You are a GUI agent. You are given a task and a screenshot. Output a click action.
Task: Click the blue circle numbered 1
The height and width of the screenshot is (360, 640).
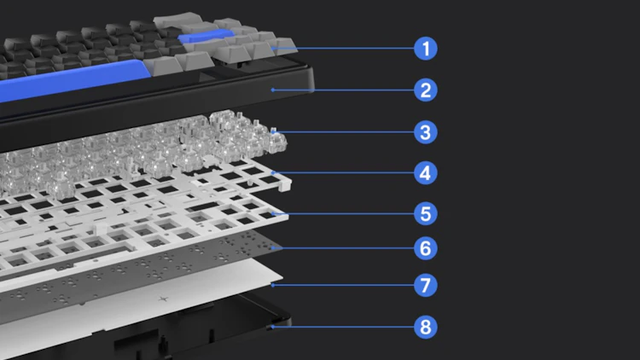[x=425, y=49]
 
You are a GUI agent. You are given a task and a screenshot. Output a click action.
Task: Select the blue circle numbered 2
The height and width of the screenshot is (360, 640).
[x=425, y=90]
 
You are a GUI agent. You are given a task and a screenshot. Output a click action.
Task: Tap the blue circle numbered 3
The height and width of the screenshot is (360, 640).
[x=425, y=132]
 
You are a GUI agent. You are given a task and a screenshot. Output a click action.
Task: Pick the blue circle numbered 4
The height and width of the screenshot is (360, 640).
[x=425, y=173]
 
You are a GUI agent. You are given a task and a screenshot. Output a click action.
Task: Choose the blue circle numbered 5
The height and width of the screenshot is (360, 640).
[x=425, y=213]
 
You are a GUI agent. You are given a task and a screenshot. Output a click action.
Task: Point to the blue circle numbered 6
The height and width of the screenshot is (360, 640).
[x=425, y=248]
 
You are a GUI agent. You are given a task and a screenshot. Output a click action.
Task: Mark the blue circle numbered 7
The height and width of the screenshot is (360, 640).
[x=425, y=285]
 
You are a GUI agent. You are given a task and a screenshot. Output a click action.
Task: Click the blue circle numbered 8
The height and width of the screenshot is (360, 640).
[x=425, y=327]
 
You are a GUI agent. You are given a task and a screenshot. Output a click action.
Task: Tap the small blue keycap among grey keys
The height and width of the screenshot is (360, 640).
[x=207, y=36]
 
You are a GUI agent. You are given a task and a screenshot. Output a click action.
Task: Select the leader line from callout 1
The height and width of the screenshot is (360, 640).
[x=343, y=48]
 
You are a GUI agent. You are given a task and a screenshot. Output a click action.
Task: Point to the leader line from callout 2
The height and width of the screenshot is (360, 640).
[x=343, y=90]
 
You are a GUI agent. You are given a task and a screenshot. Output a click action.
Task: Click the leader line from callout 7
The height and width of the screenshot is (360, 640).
[x=343, y=285]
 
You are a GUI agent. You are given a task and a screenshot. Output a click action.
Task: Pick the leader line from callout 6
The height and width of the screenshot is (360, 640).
[x=343, y=248]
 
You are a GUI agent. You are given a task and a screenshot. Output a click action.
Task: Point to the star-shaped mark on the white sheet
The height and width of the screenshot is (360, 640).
[x=163, y=299]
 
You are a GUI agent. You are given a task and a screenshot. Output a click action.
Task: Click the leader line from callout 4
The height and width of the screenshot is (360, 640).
[x=343, y=172]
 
